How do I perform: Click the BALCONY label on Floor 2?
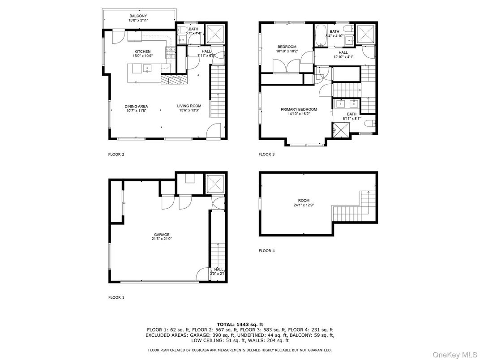pyautogui.click(x=138, y=16)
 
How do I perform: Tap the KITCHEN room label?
pyautogui.click(x=143, y=52)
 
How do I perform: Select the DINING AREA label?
pyautogui.click(x=136, y=107)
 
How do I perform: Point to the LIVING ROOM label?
pyautogui.click(x=189, y=106)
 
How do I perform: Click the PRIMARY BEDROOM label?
pyautogui.click(x=299, y=109)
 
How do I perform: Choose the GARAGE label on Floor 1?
pyautogui.click(x=162, y=235)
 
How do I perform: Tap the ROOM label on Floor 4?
pyautogui.click(x=304, y=201)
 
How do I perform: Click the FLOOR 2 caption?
pyautogui.click(x=116, y=154)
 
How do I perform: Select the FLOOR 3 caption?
pyautogui.click(x=266, y=154)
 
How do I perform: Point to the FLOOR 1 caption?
pyautogui.click(x=116, y=297)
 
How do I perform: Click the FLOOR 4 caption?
pyautogui.click(x=266, y=251)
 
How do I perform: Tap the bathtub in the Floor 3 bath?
pyautogui.click(x=321, y=35)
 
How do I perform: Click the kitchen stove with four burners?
pyautogui.click(x=171, y=53)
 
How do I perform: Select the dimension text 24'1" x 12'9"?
pyautogui.click(x=304, y=205)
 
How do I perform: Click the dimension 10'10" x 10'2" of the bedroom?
pyautogui.click(x=287, y=51)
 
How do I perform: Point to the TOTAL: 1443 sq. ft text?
pyautogui.click(x=240, y=325)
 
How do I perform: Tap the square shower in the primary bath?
pyautogui.click(x=341, y=130)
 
